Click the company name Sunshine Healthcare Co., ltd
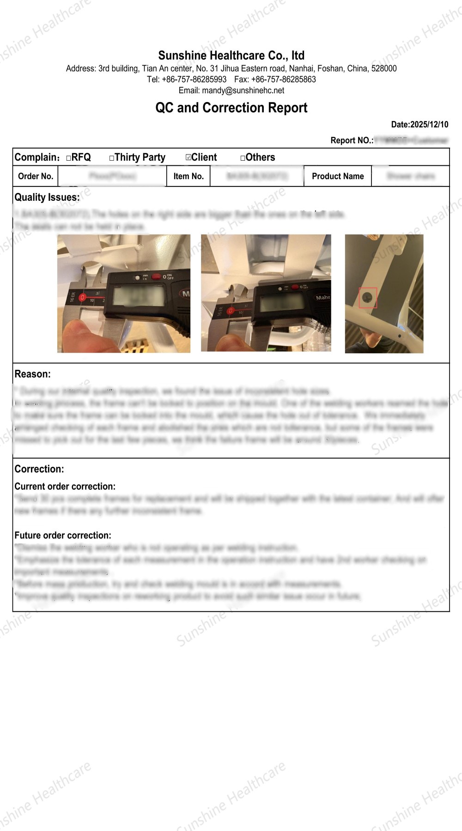click(231, 56)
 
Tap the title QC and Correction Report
click(231, 108)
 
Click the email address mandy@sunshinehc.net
click(243, 91)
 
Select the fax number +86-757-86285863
click(283, 79)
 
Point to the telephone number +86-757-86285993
click(194, 79)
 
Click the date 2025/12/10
click(429, 125)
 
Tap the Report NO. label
click(352, 140)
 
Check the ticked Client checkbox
click(188, 157)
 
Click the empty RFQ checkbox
click(69, 158)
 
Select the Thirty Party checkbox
click(112, 158)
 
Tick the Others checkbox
click(243, 158)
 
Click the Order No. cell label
click(36, 176)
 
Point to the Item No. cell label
click(188, 176)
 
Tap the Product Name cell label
click(338, 176)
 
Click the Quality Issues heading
click(47, 198)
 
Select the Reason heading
click(32, 374)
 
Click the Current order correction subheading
click(65, 487)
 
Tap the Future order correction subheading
click(63, 536)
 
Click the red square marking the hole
click(368, 298)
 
